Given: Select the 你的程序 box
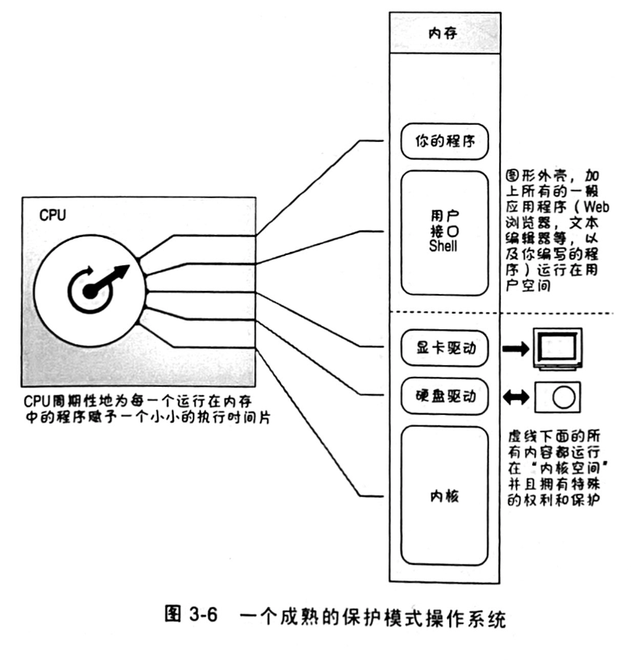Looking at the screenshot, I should coord(443,142).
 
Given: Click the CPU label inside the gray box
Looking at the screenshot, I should coord(53,215).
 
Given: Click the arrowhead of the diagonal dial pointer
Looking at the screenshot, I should coord(122,270).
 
